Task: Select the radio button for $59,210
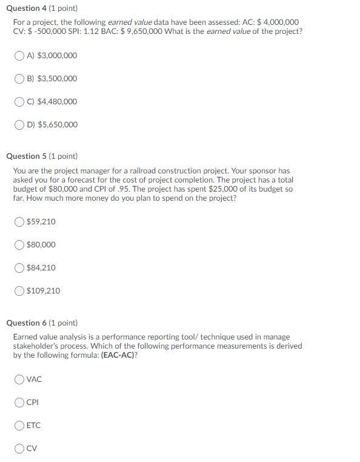[x=20, y=222]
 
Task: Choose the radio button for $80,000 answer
[x=20, y=245]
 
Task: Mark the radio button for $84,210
[x=20, y=268]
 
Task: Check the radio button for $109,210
[x=20, y=291]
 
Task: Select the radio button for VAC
[x=20, y=380]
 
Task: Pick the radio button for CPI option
[x=20, y=403]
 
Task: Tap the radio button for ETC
[x=20, y=426]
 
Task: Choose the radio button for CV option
[x=20, y=449]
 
